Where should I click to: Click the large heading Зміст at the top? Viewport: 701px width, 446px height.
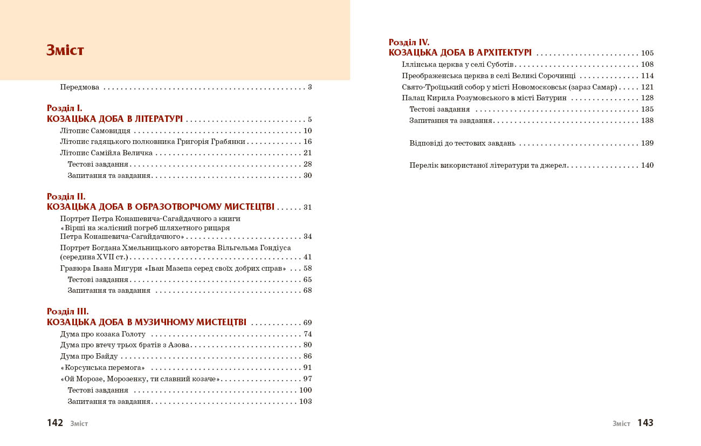65,51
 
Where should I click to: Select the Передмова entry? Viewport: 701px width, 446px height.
80,87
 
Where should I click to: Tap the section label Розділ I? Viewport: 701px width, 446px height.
65,108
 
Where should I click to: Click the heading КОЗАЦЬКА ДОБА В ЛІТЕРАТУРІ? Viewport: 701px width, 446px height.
115,119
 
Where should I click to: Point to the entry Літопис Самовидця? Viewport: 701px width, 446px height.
95,131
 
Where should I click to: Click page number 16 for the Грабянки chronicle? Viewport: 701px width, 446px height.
307,142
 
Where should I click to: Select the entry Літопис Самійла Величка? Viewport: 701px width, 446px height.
107,153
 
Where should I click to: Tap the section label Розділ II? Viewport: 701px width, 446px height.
66,197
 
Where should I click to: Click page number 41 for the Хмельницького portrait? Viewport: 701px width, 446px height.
307,257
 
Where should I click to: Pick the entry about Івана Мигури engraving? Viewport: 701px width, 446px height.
173,268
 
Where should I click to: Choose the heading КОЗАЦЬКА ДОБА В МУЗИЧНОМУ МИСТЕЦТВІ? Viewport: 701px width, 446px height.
147,323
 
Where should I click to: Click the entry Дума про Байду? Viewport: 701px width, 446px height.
89,356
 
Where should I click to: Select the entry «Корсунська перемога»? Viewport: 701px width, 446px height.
103,368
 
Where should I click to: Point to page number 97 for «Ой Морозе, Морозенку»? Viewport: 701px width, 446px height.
307,379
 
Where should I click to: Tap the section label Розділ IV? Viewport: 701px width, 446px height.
409,42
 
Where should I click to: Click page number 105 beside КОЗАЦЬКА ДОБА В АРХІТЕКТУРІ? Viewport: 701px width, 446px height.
647,53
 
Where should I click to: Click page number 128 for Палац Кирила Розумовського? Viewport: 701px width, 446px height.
647,98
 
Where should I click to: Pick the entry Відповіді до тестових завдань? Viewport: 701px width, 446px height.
463,143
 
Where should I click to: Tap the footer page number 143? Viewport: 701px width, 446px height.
645,423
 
